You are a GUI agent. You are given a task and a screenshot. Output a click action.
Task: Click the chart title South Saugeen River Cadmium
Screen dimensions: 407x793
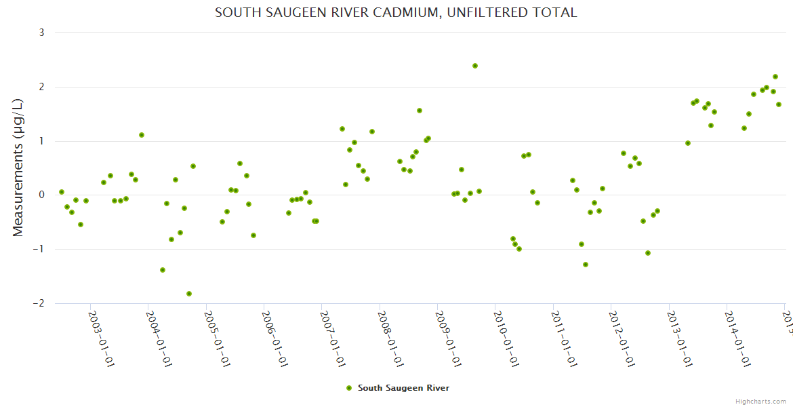pyautogui.click(x=396, y=12)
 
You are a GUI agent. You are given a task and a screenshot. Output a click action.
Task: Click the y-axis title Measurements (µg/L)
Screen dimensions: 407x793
pyautogui.click(x=18, y=168)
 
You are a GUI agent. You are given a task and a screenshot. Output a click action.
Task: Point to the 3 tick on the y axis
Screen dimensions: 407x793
pyautogui.click(x=41, y=33)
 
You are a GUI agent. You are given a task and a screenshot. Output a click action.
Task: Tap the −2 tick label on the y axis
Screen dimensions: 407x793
pyautogui.click(x=39, y=303)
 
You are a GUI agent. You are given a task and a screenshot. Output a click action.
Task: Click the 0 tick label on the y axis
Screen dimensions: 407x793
pyautogui.click(x=41, y=195)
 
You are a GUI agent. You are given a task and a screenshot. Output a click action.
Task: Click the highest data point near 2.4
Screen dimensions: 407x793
pyautogui.click(x=475, y=66)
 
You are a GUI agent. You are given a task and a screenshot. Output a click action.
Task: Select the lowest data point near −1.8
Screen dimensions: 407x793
pyautogui.click(x=189, y=294)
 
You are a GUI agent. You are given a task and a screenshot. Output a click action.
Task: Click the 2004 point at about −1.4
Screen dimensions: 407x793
pyautogui.click(x=163, y=270)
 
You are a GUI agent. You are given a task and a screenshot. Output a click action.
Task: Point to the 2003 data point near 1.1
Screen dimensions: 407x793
pyautogui.click(x=142, y=135)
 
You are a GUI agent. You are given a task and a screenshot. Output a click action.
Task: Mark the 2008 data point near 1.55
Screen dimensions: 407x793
pyautogui.click(x=420, y=111)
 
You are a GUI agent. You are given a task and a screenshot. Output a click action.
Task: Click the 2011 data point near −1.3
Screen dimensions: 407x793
pyautogui.click(x=586, y=265)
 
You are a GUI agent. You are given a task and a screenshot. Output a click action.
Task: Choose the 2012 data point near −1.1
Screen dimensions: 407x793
pyautogui.click(x=648, y=253)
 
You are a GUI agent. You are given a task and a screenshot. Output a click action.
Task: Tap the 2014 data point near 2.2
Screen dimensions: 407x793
pyautogui.click(x=775, y=77)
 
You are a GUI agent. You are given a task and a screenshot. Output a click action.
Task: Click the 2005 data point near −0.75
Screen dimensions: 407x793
pyautogui.click(x=253, y=235)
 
